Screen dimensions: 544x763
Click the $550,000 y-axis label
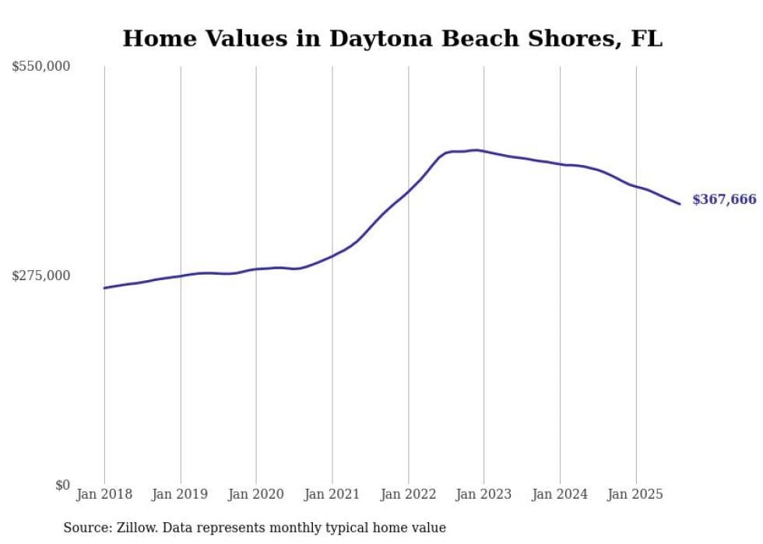coord(41,67)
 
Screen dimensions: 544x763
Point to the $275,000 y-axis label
coord(41,276)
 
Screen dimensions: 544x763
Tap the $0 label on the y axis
coord(62,485)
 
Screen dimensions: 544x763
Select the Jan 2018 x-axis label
coord(104,494)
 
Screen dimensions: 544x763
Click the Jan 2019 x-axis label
coord(180,494)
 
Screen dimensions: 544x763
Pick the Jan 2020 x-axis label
coord(256,494)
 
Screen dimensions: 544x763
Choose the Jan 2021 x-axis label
coord(332,494)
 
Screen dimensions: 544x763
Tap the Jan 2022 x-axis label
coord(408,494)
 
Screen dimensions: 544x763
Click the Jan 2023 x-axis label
coord(483,494)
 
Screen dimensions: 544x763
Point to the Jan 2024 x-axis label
coord(560,494)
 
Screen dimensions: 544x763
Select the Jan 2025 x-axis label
coord(635,494)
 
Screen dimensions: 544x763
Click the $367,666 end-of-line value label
coord(723,200)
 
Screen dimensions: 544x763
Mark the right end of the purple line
coord(680,204)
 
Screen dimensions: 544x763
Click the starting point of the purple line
coord(104,288)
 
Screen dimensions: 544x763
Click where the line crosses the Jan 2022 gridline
coord(408,191)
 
